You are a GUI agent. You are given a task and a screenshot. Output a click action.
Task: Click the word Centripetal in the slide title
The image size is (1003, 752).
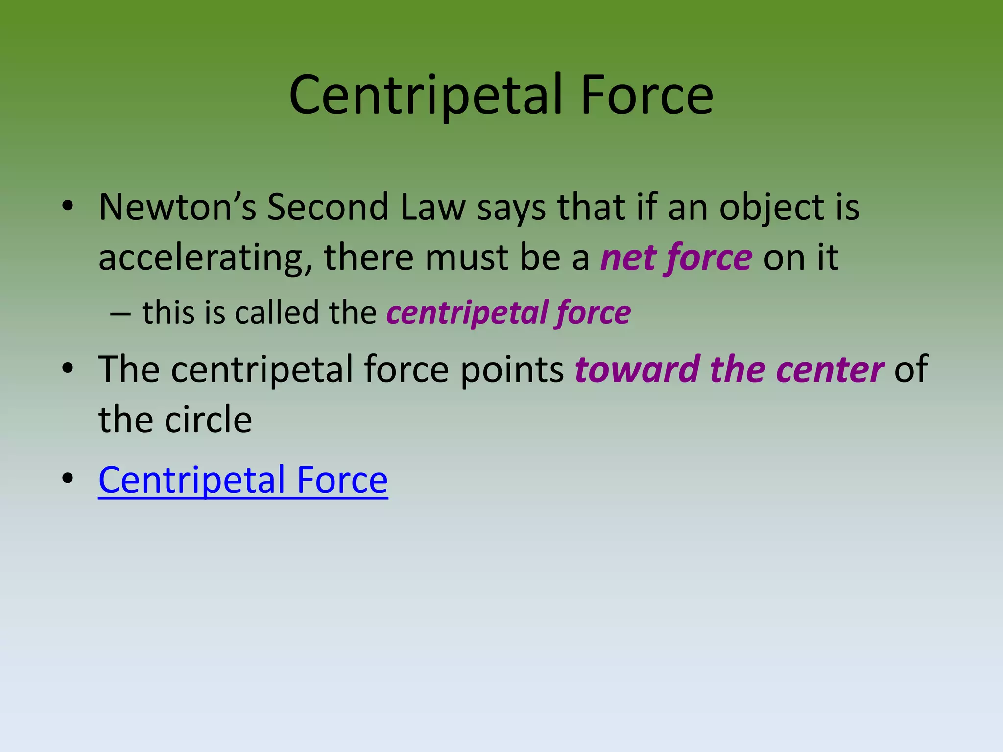[x=425, y=95]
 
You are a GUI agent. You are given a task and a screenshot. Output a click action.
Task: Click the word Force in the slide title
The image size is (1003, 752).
[x=646, y=95]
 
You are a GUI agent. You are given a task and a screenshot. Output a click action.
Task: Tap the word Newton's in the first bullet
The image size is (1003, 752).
[x=177, y=207]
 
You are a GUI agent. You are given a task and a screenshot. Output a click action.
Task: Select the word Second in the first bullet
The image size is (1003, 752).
[x=328, y=207]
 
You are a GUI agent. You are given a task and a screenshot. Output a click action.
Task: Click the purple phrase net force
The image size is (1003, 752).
[x=676, y=258]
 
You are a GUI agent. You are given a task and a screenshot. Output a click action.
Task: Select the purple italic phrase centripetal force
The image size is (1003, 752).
[x=508, y=313]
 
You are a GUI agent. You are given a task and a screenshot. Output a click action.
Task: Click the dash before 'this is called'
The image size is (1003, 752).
[x=120, y=314]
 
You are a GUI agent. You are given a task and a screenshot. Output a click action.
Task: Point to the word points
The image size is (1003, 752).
[x=512, y=370]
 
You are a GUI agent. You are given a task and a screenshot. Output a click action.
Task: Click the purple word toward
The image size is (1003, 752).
[x=637, y=370]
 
